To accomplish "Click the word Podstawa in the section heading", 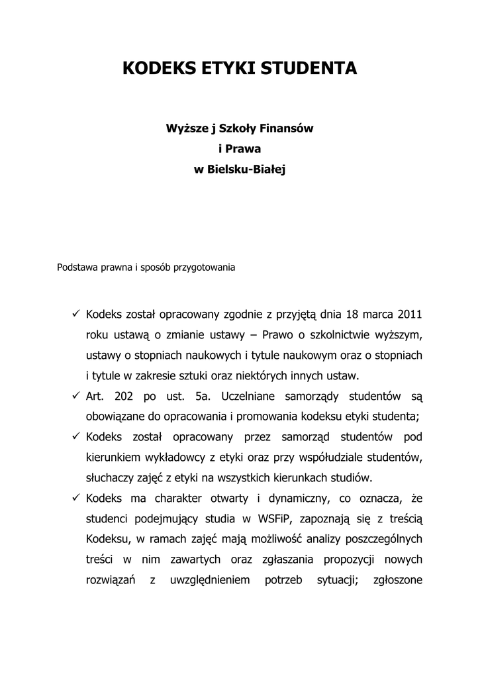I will pyautogui.click(x=76, y=268).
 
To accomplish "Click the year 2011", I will pyautogui.click(x=409, y=313).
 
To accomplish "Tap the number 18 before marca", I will pyautogui.click(x=352, y=313).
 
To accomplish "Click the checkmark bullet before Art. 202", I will pyautogui.click(x=75, y=396).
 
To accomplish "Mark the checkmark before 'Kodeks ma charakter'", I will pyautogui.click(x=75, y=498).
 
